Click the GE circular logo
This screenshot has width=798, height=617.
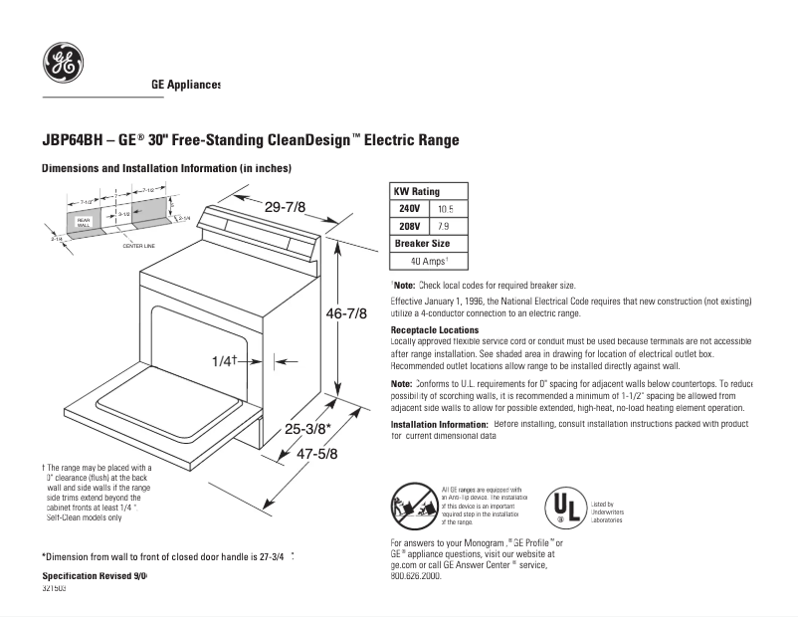[63, 63]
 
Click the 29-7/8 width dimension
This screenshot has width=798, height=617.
[285, 206]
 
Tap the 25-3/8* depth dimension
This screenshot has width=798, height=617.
[307, 429]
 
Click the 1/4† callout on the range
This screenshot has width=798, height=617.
[225, 360]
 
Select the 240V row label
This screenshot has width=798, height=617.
[409, 209]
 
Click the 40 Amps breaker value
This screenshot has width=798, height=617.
[429, 261]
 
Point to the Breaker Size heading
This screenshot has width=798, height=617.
[422, 243]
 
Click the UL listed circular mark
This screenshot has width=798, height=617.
[565, 507]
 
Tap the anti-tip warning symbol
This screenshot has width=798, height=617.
[414, 506]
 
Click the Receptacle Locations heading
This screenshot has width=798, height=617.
[435, 329]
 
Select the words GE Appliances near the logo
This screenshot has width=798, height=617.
[186, 86]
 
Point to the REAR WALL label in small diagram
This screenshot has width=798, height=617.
[84, 222]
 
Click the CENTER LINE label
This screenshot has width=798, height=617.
[138, 245]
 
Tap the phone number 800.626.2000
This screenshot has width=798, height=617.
[416, 576]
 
